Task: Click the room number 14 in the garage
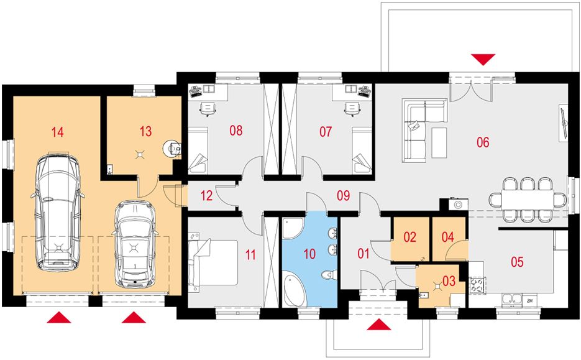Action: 57,132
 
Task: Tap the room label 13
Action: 145,131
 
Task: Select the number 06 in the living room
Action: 483,142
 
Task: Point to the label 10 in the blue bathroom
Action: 309,254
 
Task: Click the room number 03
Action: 449,280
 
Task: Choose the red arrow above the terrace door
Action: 483,60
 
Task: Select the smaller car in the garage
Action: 135,245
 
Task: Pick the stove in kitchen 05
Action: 477,285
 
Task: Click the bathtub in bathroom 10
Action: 295,289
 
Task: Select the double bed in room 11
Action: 213,262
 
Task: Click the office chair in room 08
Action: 208,109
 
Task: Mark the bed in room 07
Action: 362,150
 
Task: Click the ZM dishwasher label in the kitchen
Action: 530,301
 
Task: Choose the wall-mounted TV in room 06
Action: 564,122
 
